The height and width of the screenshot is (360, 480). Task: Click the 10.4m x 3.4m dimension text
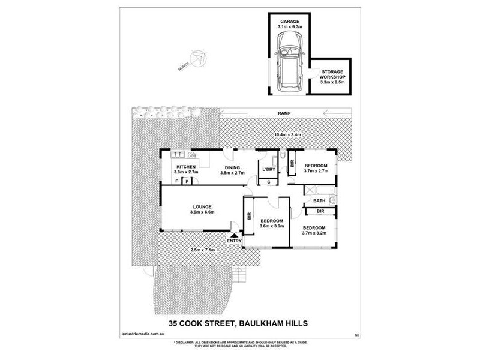pyautogui.click(x=287, y=135)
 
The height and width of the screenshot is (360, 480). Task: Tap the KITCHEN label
pyautogui.click(x=185, y=167)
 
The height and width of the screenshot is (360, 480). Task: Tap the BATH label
pyautogui.click(x=319, y=201)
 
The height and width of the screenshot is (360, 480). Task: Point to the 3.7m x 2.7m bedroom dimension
pyautogui.click(x=316, y=172)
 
